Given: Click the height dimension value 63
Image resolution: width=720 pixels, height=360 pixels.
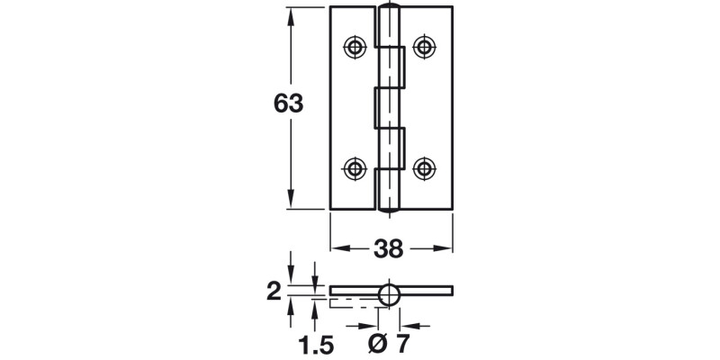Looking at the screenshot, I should coord(288,104).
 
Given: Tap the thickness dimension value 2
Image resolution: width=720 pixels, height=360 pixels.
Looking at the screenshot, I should coord(274,291).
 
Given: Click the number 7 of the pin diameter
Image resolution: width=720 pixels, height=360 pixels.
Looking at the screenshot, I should coord(402,342).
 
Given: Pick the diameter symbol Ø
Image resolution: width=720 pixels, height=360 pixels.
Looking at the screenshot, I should coord(377,342).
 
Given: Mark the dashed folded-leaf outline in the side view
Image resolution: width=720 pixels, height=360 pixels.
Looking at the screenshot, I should coord(355,301).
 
